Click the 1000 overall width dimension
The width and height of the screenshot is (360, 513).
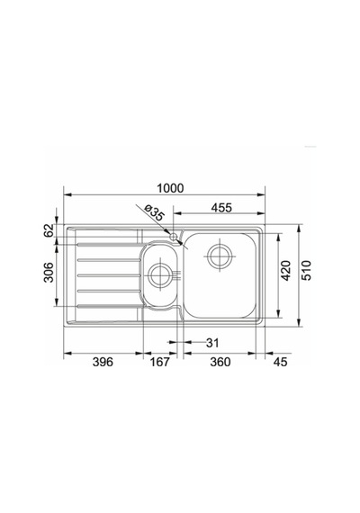click(170, 188)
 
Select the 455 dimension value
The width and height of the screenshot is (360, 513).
click(221, 207)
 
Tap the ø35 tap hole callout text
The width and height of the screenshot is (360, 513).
click(153, 212)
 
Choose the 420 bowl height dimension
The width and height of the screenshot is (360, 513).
click(285, 270)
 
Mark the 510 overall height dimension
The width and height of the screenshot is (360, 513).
click(307, 270)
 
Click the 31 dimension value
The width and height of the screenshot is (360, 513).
click(212, 343)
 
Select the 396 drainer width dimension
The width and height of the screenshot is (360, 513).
click(103, 362)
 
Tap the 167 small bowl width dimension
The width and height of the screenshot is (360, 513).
click(160, 362)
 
